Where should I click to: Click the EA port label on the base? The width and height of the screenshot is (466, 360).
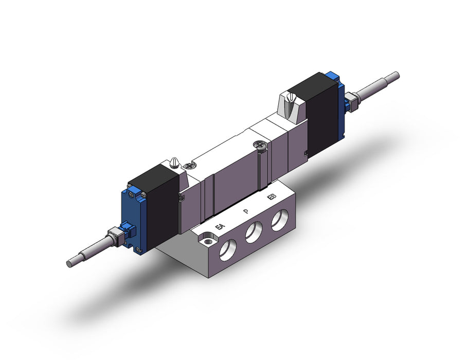pyautogui.click(x=220, y=227)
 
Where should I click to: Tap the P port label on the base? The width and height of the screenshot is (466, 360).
pyautogui.click(x=246, y=211)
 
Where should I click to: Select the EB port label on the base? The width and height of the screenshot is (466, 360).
pyautogui.click(x=271, y=197)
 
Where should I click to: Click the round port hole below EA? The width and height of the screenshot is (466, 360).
pyautogui.click(x=228, y=250)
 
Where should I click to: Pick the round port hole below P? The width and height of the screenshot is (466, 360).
pyautogui.click(x=254, y=232)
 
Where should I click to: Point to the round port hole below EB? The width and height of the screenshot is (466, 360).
pyautogui.click(x=280, y=220)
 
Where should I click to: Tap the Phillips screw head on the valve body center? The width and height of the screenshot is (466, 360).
pyautogui.click(x=259, y=146)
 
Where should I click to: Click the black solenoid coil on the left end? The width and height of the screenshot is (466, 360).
pyautogui.click(x=154, y=205)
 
